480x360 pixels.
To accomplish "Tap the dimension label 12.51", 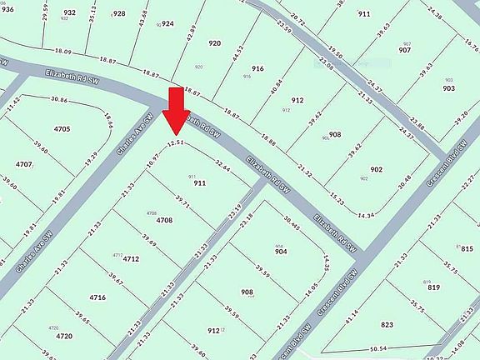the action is point(173,143).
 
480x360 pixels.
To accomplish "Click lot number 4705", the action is point(62,129).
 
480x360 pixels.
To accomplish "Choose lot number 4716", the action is point(97,297).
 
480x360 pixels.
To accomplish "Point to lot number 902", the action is point(376,170).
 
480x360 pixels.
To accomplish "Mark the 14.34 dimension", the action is point(365,216).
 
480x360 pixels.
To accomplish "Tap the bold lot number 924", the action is point(167,24).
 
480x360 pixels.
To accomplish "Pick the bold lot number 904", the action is point(281,251).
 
